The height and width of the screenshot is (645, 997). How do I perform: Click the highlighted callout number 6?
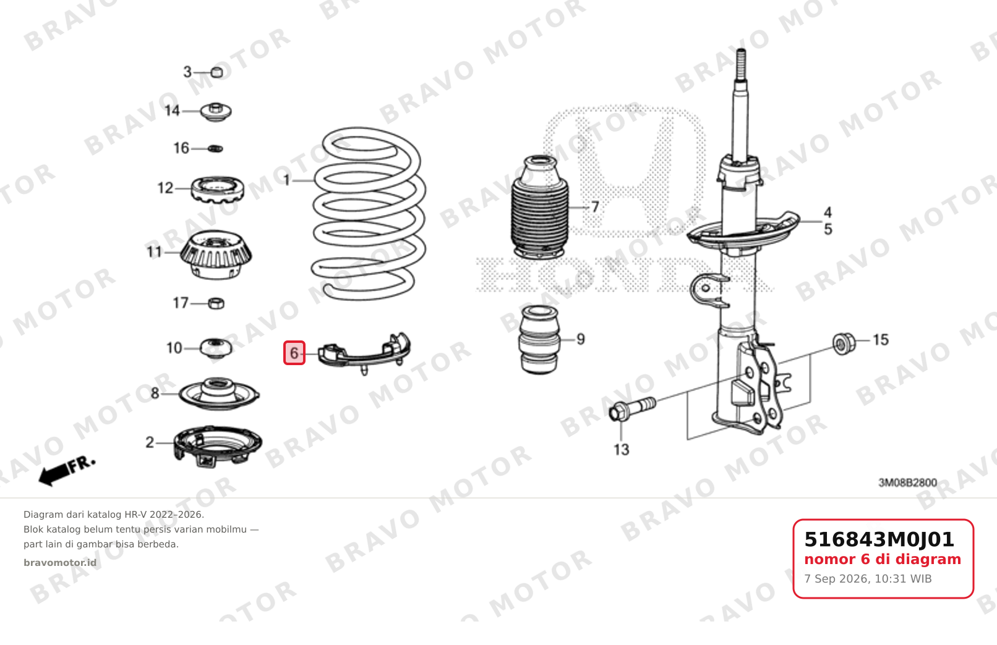pyautogui.click(x=294, y=353)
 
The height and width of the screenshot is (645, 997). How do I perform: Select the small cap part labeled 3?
pyautogui.click(x=216, y=72)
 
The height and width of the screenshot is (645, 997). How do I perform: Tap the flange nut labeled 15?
pyautogui.click(x=844, y=344)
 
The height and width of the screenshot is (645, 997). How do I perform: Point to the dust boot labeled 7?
pyautogui.click(x=540, y=207)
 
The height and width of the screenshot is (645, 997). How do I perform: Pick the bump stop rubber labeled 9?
pyautogui.click(x=539, y=340)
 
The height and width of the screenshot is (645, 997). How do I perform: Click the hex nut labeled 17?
pyautogui.click(x=216, y=303)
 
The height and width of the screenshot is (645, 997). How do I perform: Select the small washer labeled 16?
pyautogui.click(x=215, y=148)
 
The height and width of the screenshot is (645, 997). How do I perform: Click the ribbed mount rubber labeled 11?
pyautogui.click(x=216, y=255)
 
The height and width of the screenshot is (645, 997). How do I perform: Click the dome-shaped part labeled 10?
pyautogui.click(x=215, y=348)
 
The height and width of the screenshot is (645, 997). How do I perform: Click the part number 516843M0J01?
pyautogui.click(x=879, y=539)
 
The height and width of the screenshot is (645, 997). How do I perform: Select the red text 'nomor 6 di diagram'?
pyautogui.click(x=883, y=559)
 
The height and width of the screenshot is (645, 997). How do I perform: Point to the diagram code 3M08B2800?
pyautogui.click(x=907, y=483)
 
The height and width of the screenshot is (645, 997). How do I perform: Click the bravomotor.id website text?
pyautogui.click(x=60, y=563)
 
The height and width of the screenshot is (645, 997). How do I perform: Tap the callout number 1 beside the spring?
pyautogui.click(x=286, y=180)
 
